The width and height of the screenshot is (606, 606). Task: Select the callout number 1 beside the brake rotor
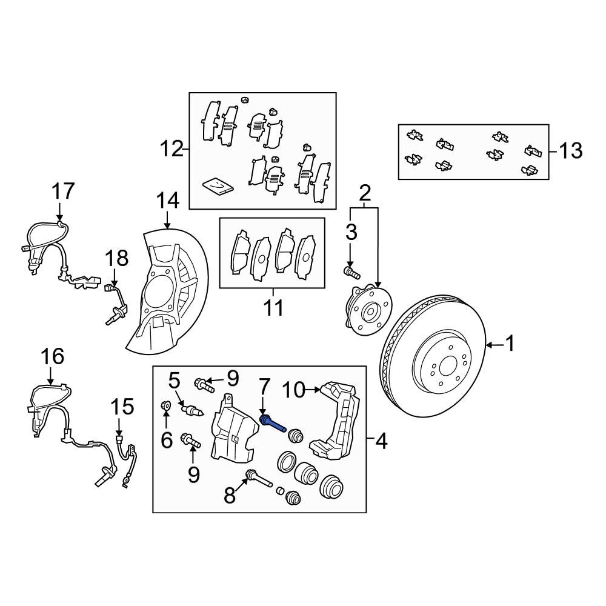510,345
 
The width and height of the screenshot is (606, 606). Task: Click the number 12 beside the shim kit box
171,148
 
